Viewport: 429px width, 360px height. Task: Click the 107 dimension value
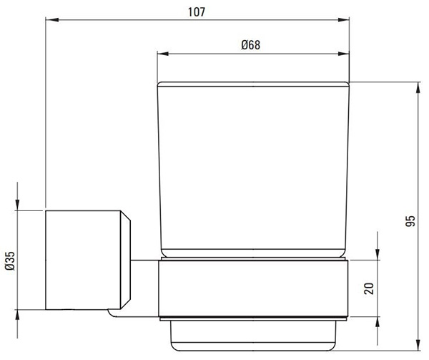pos(197,12)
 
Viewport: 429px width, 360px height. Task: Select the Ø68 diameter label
pos(251,45)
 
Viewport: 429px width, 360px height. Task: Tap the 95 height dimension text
pos(410,221)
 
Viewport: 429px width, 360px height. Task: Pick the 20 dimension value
pos(369,288)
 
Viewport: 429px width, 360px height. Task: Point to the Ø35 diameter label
pos(10,261)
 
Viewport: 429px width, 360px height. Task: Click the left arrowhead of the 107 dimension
pos(52,20)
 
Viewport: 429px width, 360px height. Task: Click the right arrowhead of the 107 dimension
pos(343,20)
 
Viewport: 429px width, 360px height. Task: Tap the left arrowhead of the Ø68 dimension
pos(163,54)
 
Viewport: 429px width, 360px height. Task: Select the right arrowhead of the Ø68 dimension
pos(343,54)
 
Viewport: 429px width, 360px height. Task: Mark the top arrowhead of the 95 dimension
pos(418,88)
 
